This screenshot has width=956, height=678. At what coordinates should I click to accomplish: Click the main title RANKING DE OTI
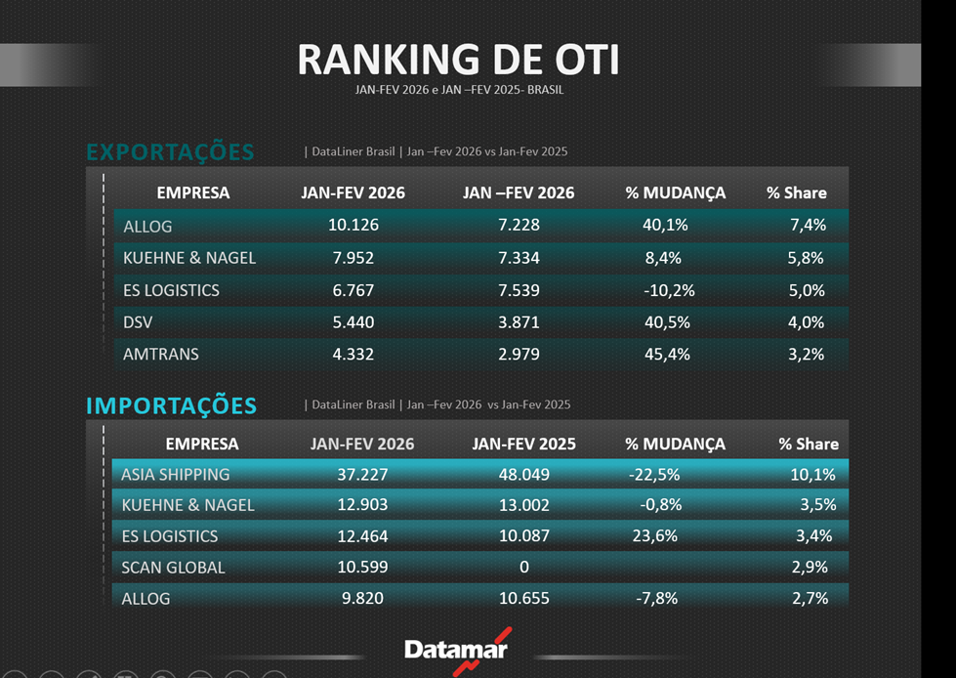458,60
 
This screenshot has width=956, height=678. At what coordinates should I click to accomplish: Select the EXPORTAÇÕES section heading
170,152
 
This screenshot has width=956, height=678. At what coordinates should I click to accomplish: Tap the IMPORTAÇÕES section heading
171,405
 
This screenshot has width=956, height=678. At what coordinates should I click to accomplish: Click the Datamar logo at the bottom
456,650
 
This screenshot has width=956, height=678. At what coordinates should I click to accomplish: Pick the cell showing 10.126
353,226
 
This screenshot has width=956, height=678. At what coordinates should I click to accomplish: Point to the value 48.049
523,475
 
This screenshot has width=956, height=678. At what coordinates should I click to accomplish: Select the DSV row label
139,322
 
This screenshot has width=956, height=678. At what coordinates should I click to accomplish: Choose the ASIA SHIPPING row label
176,475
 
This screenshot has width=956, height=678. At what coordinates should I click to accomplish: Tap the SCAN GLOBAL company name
173,568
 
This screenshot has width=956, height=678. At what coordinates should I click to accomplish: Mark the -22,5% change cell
654,475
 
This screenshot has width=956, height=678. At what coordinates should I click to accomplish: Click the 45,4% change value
666,355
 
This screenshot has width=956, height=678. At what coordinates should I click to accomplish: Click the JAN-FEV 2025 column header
523,444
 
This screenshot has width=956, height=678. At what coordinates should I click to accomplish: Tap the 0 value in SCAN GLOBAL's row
523,568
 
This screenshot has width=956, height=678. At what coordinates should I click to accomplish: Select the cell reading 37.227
362,475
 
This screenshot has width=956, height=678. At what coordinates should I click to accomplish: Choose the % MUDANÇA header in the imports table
675,444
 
